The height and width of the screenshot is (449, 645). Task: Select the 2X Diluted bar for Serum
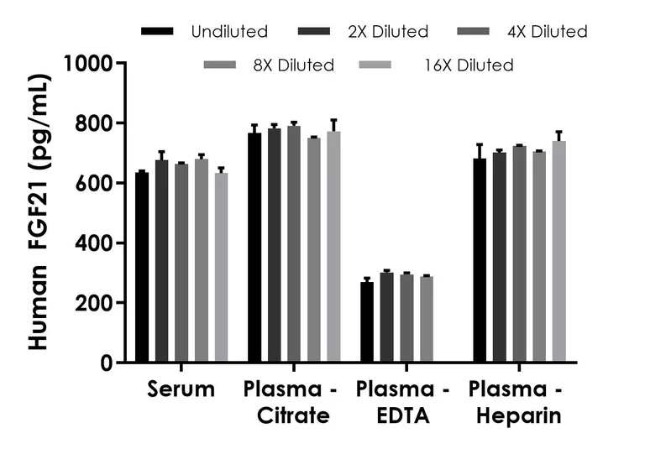[162, 261]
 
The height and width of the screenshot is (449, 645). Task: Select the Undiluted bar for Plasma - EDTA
[367, 322]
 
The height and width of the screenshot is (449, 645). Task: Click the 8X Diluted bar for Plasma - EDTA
[427, 320]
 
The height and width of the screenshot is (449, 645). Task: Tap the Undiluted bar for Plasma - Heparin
[480, 260]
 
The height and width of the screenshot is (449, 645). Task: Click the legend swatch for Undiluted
[158, 32]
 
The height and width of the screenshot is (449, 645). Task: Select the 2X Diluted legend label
[388, 32]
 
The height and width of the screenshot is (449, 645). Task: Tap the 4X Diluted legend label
[546, 32]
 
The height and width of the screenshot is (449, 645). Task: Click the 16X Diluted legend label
[469, 65]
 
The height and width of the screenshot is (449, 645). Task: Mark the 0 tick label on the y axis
[106, 363]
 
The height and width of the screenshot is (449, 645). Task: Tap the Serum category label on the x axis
[181, 389]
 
